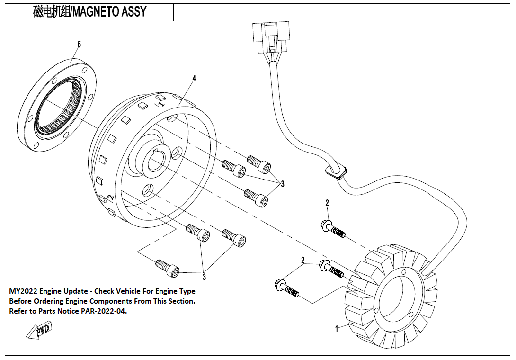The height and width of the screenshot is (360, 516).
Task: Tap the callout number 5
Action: [x=79, y=44]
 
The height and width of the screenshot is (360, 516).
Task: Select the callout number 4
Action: [x=194, y=78]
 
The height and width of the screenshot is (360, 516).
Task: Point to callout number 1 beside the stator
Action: [x=337, y=328]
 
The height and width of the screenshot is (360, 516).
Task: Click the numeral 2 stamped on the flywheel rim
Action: [x=110, y=198]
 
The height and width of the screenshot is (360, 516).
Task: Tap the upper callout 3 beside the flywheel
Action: [x=283, y=183]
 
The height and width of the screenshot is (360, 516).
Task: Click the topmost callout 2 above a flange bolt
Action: [x=327, y=203]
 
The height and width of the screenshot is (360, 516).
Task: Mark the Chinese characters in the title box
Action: [x=52, y=11]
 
